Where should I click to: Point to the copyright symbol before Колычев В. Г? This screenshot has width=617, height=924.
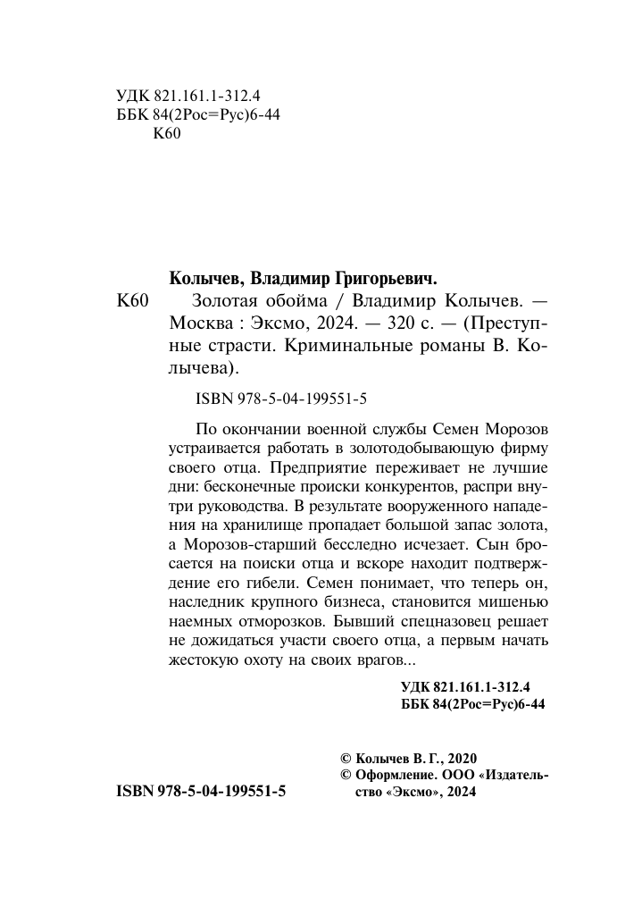335,756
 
